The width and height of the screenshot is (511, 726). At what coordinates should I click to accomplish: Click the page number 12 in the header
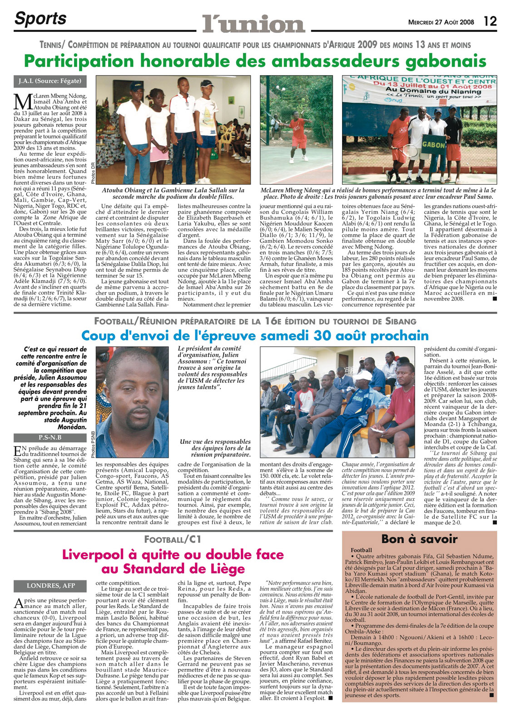[490, 21]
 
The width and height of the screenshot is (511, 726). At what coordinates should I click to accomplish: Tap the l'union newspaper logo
[253, 24]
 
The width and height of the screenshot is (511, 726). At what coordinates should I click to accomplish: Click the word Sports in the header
[40, 19]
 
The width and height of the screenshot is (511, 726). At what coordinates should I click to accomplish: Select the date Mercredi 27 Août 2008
[441, 22]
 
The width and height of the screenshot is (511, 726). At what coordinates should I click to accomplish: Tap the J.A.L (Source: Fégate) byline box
[50, 81]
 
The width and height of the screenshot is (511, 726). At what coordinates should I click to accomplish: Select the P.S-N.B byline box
[50, 438]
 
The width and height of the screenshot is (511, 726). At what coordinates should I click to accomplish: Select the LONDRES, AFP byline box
[50, 586]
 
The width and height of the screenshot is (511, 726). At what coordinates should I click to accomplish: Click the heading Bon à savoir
[419, 539]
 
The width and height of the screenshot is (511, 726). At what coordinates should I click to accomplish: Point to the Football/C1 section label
[173, 540]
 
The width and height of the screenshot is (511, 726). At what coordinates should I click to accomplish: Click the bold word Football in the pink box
[361, 550]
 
